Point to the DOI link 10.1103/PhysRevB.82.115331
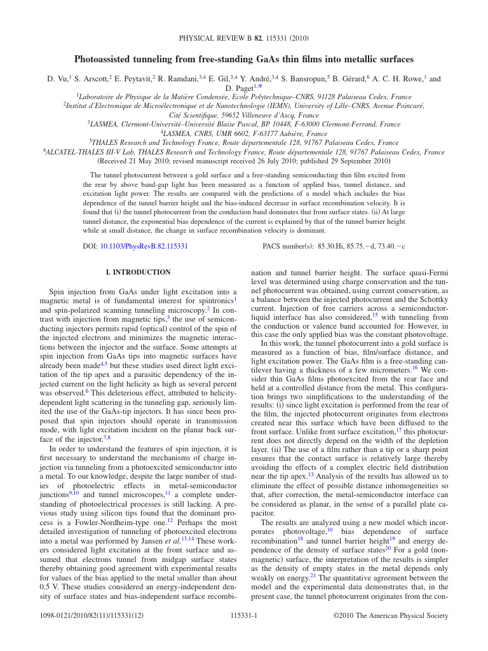(144, 245)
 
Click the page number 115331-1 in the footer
(243, 615)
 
